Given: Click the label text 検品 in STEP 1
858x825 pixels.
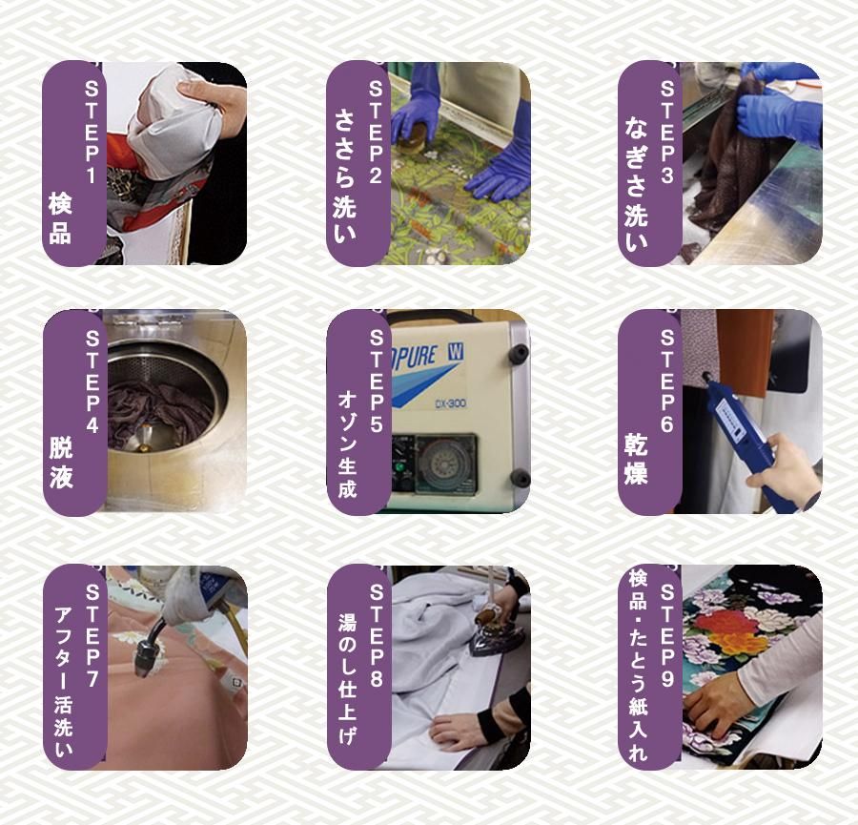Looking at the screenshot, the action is click(60, 217).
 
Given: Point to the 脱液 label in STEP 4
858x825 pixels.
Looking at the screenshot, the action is click(61, 462).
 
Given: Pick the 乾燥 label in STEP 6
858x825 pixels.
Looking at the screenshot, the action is click(636, 459).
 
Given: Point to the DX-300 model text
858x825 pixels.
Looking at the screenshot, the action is click(450, 403).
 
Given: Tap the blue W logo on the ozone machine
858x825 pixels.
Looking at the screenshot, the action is click(455, 353).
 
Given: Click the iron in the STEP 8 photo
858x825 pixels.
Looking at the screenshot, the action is click(493, 633).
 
